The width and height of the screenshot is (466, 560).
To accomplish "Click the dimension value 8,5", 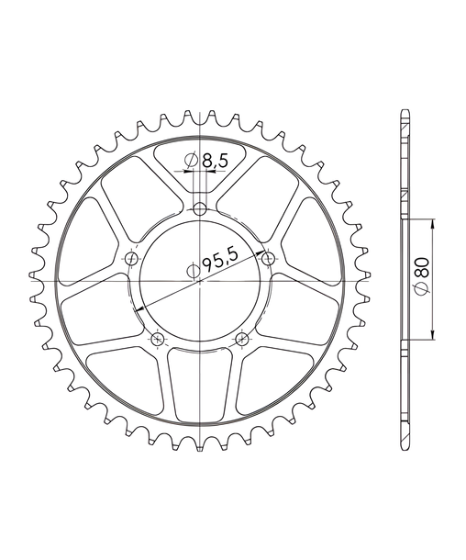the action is click(x=215, y=161).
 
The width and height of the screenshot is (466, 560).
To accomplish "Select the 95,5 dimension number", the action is click(x=220, y=260).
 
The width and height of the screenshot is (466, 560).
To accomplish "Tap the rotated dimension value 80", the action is click(x=423, y=267).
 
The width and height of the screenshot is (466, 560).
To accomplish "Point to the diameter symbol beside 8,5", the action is click(x=191, y=161).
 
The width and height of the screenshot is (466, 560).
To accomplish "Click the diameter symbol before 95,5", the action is click(x=193, y=272).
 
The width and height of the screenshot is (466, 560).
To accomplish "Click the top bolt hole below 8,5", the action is click(x=200, y=209).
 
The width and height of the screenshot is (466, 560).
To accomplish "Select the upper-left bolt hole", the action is click(x=132, y=258).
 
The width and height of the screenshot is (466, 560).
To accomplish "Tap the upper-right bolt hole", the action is click(x=269, y=258).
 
